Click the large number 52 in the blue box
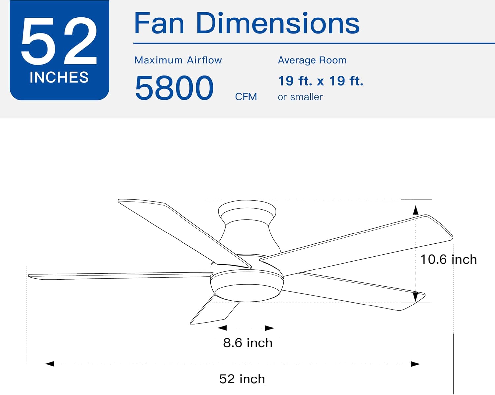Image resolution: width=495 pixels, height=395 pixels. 59,41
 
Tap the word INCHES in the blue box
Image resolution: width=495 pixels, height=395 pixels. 59,78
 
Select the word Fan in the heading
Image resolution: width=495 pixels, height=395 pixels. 159,23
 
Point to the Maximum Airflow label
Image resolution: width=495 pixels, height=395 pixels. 178,60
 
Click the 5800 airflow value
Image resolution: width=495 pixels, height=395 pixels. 174,88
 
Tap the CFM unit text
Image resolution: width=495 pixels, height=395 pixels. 246,97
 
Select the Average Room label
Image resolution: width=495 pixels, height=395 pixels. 312,60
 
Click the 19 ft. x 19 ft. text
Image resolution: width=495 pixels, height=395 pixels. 320,81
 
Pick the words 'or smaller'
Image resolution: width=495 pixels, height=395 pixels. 300,97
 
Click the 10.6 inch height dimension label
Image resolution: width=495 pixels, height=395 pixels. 448,259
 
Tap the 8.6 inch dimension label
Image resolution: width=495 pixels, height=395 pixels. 247,343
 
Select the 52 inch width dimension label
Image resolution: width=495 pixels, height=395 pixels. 242,379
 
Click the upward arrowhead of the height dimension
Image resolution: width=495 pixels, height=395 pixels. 416,210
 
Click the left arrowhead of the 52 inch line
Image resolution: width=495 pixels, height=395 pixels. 49,364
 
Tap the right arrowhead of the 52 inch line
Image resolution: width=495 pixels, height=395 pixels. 415,364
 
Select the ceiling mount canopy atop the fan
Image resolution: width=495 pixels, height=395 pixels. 247,210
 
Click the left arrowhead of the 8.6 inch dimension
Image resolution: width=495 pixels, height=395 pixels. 222,328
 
